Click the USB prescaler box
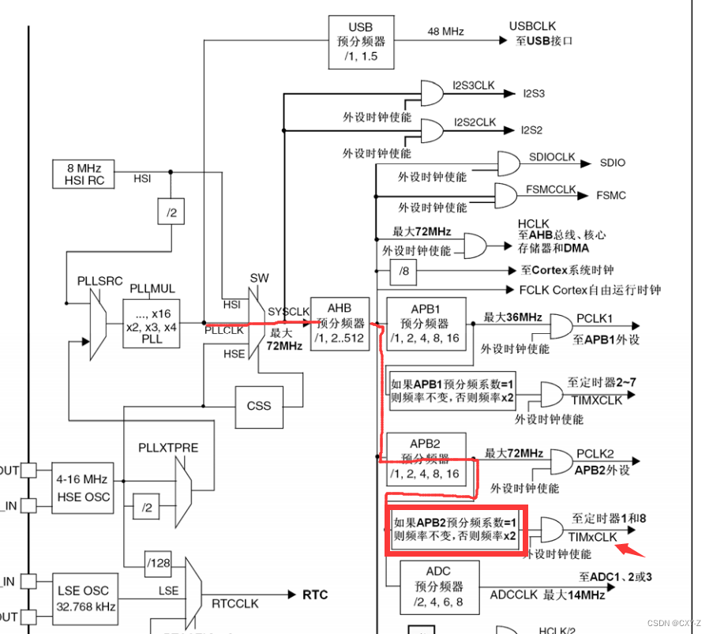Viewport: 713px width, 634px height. pyautogui.click(x=360, y=40)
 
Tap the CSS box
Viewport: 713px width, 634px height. pyautogui.click(x=258, y=406)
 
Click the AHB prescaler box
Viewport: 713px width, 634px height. pyautogui.click(x=339, y=322)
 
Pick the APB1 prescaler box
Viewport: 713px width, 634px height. pyautogui.click(x=426, y=323)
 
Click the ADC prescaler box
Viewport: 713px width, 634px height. pyautogui.click(x=438, y=587)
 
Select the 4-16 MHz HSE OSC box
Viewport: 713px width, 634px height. pyautogui.click(x=83, y=487)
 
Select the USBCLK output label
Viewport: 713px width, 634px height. pyautogui.click(x=532, y=27)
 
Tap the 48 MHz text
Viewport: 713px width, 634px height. pyautogui.click(x=446, y=32)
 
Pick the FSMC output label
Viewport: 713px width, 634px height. pyautogui.click(x=611, y=194)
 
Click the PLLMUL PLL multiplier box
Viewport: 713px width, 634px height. pyautogui.click(x=152, y=322)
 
